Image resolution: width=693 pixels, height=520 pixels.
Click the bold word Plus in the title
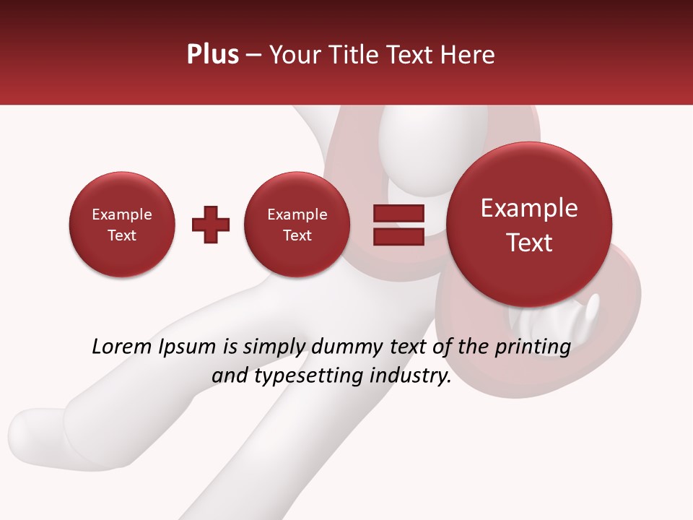(x=212, y=55)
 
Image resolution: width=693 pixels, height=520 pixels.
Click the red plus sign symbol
(x=211, y=225)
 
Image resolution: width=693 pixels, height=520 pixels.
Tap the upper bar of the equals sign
(x=398, y=213)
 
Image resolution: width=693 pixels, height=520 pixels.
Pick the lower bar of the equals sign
(x=398, y=237)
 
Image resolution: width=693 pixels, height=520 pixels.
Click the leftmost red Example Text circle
(x=122, y=225)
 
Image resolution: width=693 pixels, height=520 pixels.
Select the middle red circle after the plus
(x=297, y=225)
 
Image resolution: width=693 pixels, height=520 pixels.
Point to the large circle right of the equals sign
(x=529, y=225)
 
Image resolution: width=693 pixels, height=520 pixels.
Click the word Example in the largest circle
(x=529, y=208)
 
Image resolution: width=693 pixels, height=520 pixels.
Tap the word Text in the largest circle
(x=529, y=243)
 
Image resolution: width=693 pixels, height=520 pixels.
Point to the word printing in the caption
(x=532, y=347)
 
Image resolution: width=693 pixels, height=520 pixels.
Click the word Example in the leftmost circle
(x=122, y=214)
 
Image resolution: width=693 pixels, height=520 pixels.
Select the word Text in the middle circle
(x=297, y=235)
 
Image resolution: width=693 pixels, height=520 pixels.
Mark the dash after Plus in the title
(x=253, y=55)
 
